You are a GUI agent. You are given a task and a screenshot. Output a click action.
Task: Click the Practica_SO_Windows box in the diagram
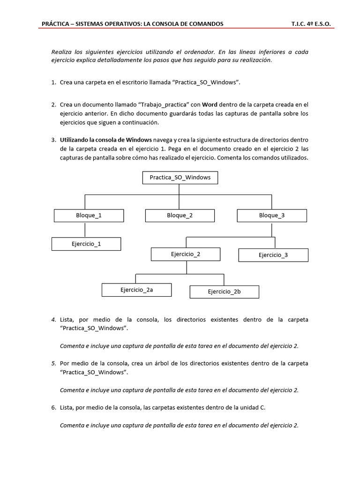(180, 178)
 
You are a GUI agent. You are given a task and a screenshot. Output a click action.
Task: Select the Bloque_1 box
(89, 216)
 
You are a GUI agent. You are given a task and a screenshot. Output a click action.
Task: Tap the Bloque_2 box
(180, 216)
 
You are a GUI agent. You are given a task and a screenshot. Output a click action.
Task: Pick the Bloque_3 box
(272, 216)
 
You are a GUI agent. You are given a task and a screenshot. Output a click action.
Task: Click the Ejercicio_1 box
(86, 244)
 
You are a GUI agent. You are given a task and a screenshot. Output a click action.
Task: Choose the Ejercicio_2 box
(186, 255)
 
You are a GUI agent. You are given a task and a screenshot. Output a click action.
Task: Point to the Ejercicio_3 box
(273, 255)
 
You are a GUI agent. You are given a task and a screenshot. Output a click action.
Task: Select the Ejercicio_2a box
(136, 290)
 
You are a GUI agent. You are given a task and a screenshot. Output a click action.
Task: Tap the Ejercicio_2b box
(224, 292)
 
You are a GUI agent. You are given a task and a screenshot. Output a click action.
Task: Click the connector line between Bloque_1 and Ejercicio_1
(85, 230)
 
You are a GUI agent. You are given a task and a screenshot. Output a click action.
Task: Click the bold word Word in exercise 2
(210, 105)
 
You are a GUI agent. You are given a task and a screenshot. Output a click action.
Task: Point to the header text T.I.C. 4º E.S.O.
(314, 23)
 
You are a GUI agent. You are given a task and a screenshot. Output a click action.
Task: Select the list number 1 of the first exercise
(53, 82)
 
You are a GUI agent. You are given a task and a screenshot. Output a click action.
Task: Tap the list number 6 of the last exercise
(53, 408)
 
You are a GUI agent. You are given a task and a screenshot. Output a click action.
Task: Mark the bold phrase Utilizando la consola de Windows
(105, 140)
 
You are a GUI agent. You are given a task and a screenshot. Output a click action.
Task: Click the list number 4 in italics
(53, 320)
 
